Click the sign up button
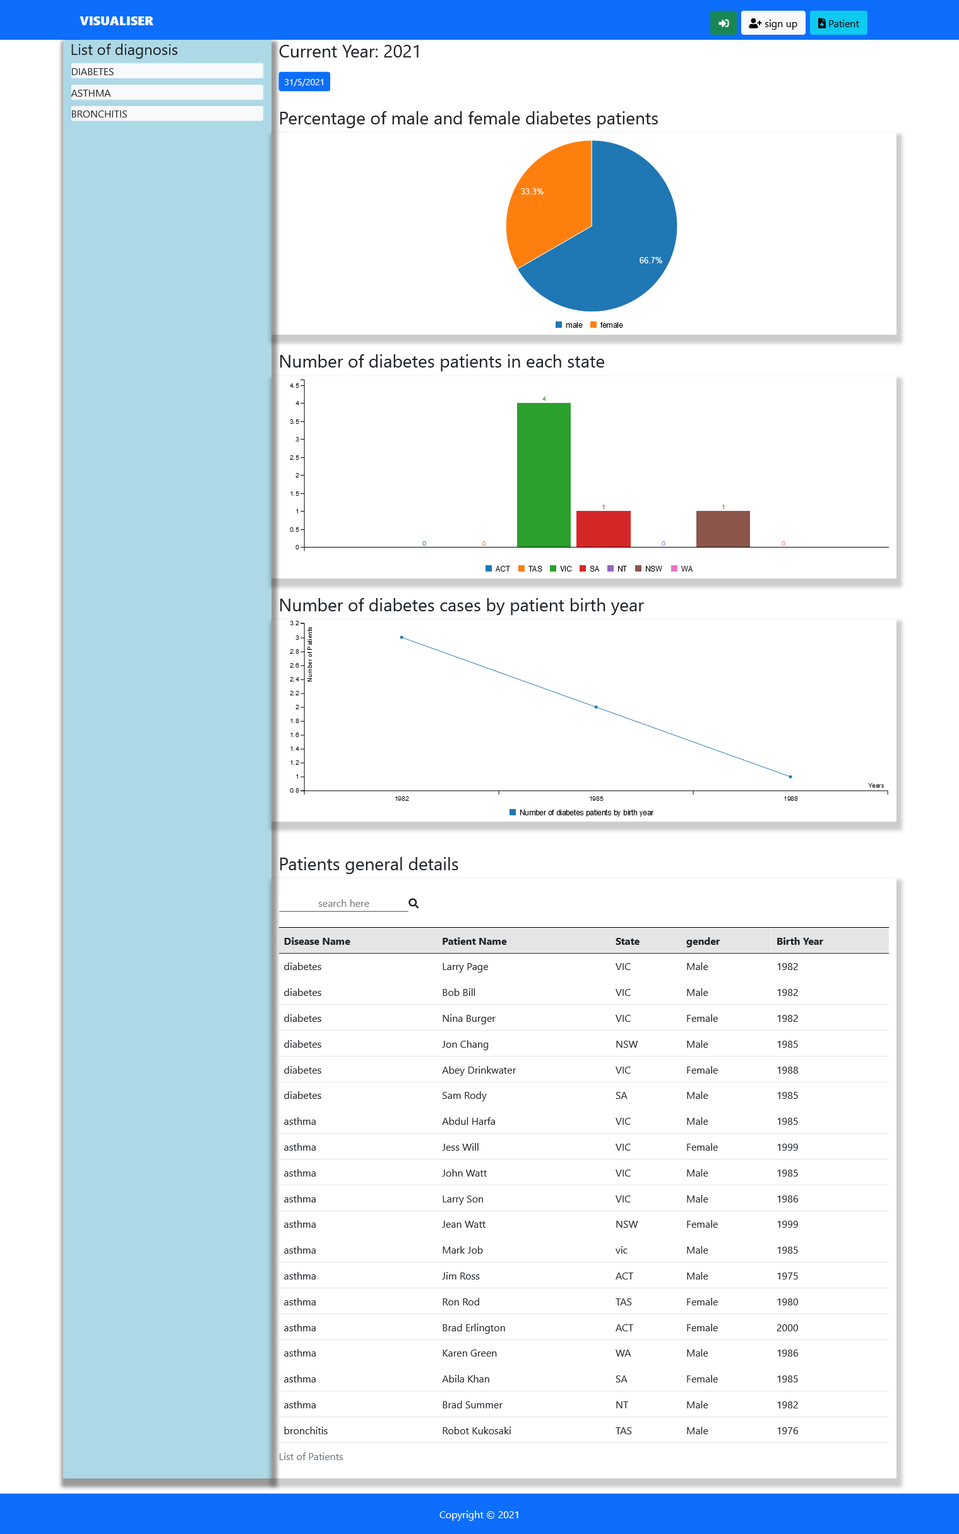click(x=773, y=23)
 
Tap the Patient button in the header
click(x=838, y=23)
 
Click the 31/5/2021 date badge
click(x=304, y=82)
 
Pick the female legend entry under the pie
click(x=607, y=325)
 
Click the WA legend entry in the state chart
click(x=682, y=568)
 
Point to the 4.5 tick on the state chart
click(x=294, y=385)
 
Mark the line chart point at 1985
click(x=596, y=707)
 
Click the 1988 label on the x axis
click(x=790, y=799)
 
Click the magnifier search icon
click(x=414, y=903)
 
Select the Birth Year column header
click(x=799, y=942)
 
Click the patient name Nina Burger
click(x=468, y=1018)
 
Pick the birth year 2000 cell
click(x=787, y=1328)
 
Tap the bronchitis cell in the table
click(x=306, y=1430)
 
